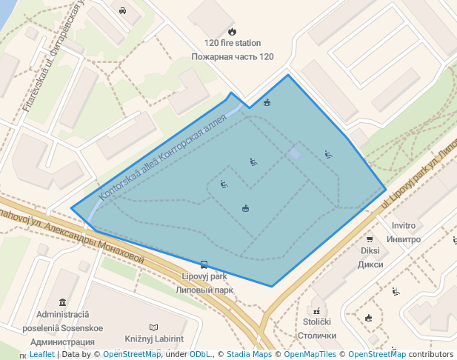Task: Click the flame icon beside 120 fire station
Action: pos(232,32)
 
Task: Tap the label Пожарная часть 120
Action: pos(232,56)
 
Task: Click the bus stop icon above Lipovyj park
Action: pos(204,264)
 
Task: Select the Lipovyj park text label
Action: pos(204,277)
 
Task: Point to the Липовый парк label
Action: pos(204,290)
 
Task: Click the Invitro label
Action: pos(403,226)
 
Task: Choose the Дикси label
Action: pos(370,264)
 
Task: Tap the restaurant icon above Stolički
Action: pos(317,310)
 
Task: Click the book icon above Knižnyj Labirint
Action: pos(153,327)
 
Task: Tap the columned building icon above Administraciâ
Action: pos(61,302)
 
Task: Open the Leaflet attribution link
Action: pos(41,354)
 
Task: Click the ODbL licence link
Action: pos(201,354)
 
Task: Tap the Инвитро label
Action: pos(403,239)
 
